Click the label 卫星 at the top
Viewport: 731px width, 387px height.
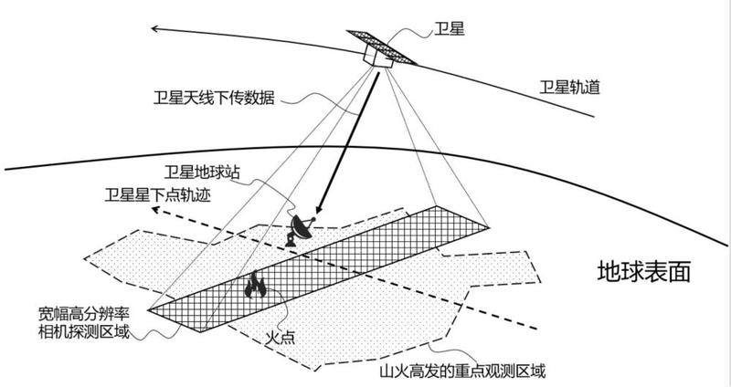pyautogui.click(x=449, y=29)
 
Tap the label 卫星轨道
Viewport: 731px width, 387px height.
pyautogui.click(x=569, y=87)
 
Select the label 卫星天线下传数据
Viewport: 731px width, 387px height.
pyautogui.click(x=214, y=99)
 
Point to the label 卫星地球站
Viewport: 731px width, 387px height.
pyautogui.click(x=202, y=173)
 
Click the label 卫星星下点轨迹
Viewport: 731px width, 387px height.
pyautogui.click(x=157, y=195)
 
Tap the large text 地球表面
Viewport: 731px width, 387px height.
pyautogui.click(x=643, y=271)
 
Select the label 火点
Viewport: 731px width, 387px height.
pyautogui.click(x=281, y=338)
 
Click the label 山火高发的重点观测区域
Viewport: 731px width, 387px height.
pyautogui.click(x=461, y=371)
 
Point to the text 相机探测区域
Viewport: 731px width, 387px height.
pyautogui.click(x=84, y=331)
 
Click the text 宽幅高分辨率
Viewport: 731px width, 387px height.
pyautogui.click(x=84, y=314)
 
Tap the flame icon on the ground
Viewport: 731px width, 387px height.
pyautogui.click(x=255, y=285)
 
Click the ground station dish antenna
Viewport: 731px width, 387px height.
pyautogui.click(x=300, y=229)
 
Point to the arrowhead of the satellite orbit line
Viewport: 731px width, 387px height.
pyautogui.click(x=155, y=29)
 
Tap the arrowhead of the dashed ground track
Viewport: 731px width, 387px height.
pyautogui.click(x=156, y=210)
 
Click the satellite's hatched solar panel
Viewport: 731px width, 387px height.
pyautogui.click(x=381, y=47)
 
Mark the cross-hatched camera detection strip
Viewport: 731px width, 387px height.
pyautogui.click(x=318, y=268)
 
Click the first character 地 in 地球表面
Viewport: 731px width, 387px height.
pyautogui.click(x=609, y=271)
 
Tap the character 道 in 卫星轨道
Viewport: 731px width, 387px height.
pyautogui.click(x=592, y=87)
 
